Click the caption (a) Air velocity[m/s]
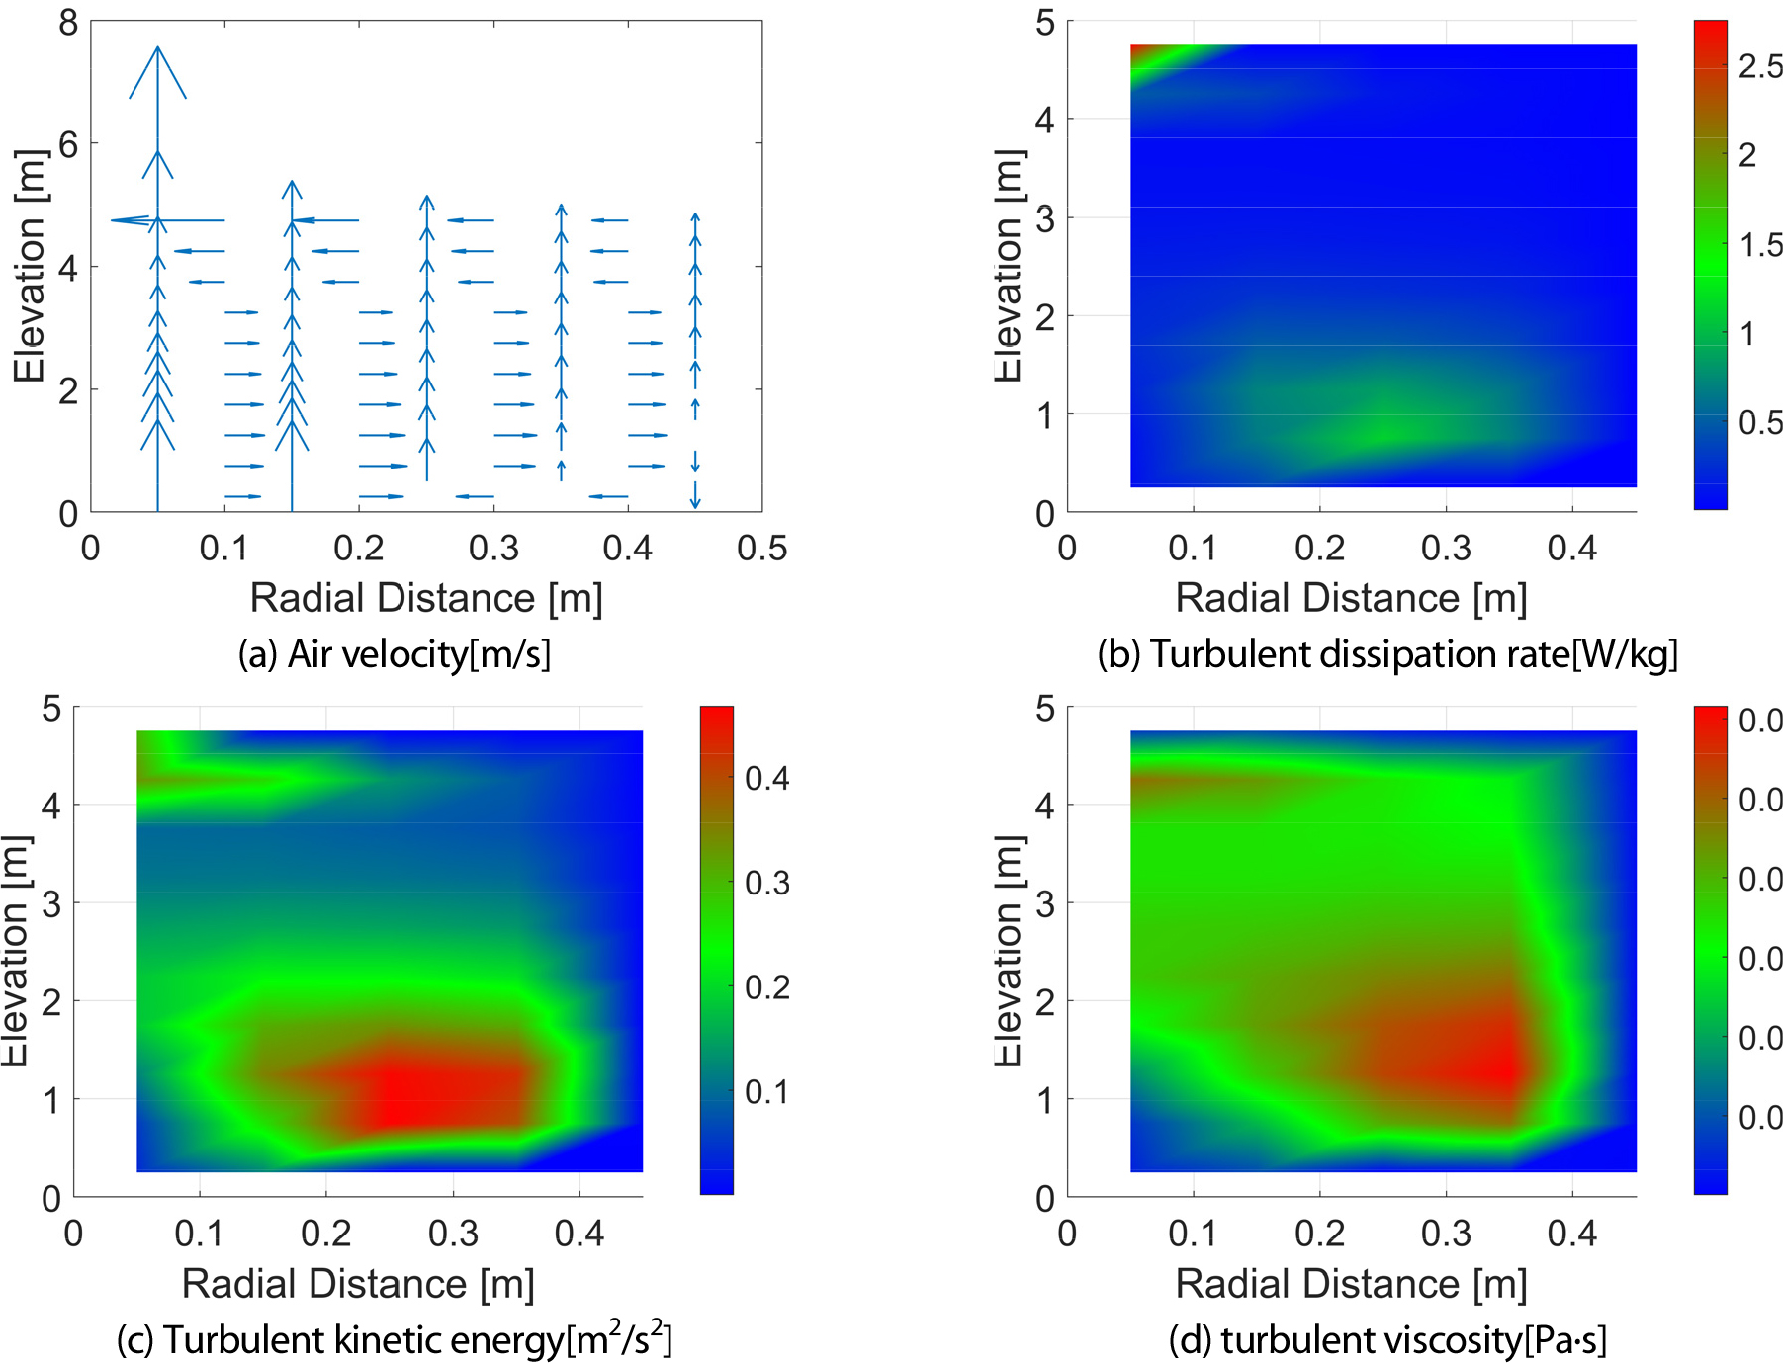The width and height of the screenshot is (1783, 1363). click(x=394, y=654)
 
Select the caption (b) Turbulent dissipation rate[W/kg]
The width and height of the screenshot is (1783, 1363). click(x=1387, y=654)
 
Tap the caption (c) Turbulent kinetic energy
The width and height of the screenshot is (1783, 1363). click(x=394, y=1340)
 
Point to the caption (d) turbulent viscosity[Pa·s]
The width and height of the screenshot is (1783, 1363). click(x=1387, y=1340)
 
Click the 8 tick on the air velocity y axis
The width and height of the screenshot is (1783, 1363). click(x=67, y=22)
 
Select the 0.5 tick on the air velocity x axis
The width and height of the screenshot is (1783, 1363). click(x=761, y=548)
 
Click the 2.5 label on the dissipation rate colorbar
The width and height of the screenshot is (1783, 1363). click(x=1760, y=66)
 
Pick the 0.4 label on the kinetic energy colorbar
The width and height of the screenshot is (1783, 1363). click(x=766, y=778)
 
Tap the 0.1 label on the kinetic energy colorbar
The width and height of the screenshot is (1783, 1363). click(x=766, y=1091)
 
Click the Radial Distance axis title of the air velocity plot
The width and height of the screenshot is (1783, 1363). click(x=426, y=598)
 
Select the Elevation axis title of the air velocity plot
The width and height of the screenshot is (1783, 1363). click(x=30, y=267)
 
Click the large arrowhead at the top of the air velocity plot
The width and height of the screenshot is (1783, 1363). click(x=157, y=69)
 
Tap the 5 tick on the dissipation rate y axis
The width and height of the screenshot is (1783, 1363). click(x=1045, y=22)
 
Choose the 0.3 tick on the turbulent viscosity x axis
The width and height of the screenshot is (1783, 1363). click(x=1446, y=1234)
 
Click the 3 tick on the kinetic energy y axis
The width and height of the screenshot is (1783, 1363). click(x=51, y=903)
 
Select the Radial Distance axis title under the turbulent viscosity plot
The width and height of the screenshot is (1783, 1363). click(x=1351, y=1284)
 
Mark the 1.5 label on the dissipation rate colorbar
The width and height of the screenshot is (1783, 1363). click(x=1760, y=244)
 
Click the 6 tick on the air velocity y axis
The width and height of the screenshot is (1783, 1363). click(x=67, y=144)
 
